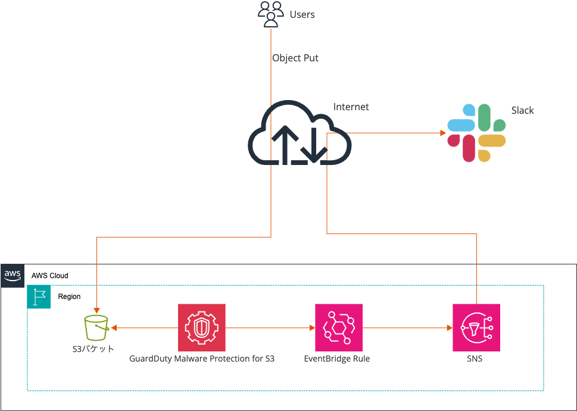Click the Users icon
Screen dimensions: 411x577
point(270,14)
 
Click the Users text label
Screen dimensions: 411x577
point(302,14)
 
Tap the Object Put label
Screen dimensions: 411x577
point(295,58)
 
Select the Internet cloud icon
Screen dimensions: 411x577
point(300,133)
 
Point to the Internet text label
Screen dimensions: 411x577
point(351,107)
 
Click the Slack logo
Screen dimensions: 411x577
point(476,133)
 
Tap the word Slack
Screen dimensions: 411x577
point(522,110)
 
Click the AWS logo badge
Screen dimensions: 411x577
point(13,275)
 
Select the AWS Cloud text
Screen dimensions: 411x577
point(50,276)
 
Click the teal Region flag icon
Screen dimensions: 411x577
point(39,297)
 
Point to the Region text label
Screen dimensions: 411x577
point(69,297)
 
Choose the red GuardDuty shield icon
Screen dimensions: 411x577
point(202,328)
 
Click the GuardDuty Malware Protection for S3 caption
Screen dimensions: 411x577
point(202,359)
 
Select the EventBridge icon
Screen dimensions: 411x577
point(338,328)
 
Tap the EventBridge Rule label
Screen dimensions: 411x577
point(337,359)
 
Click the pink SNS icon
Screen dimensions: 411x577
point(476,328)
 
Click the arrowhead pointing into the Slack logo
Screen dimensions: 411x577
point(442,133)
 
